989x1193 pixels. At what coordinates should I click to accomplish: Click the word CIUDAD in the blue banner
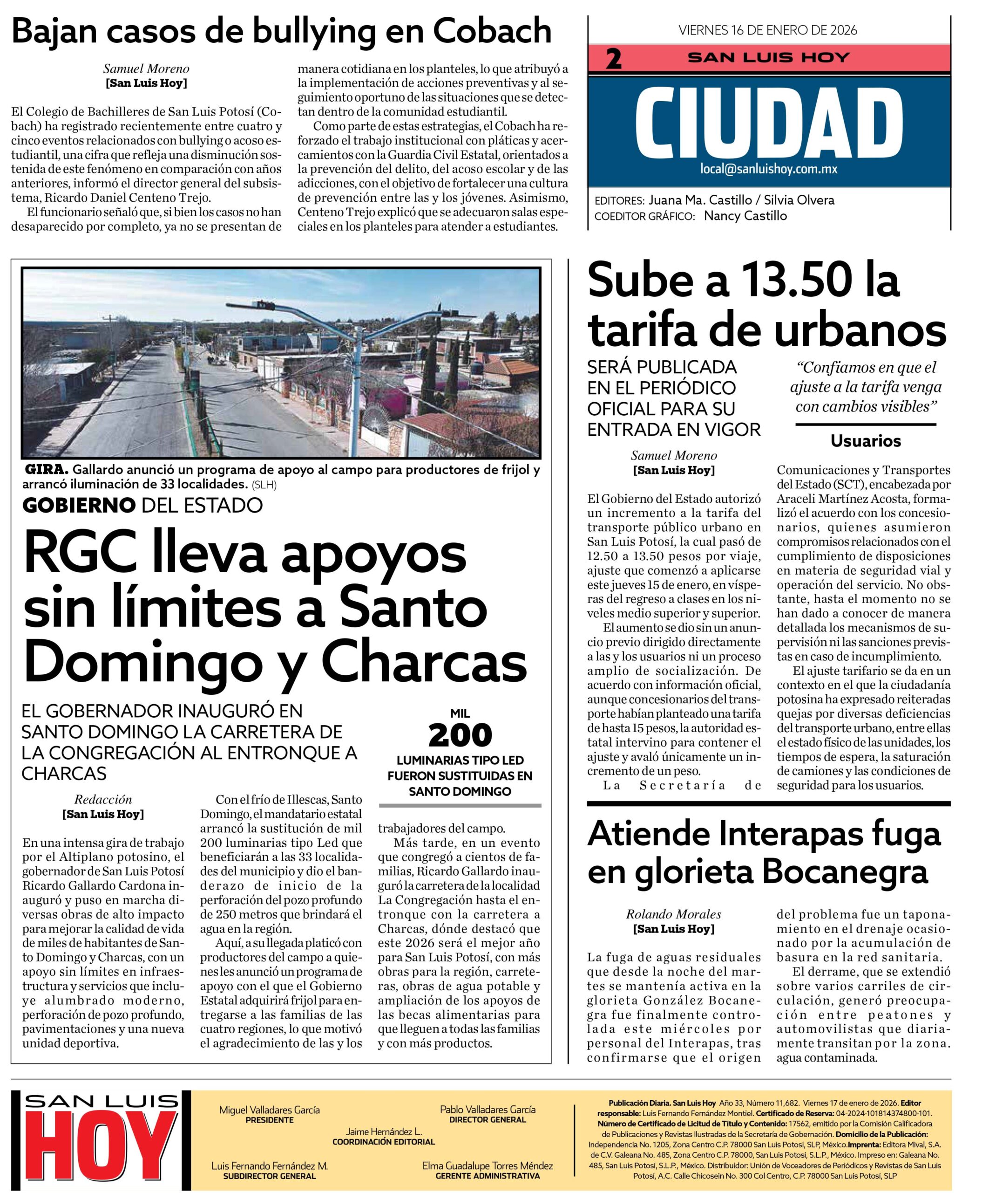click(x=769, y=124)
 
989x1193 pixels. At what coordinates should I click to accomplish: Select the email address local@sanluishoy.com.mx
click(x=769, y=169)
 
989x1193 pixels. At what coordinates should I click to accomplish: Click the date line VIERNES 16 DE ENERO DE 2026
click(x=767, y=30)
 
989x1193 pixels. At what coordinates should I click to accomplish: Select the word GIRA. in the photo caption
click(x=47, y=470)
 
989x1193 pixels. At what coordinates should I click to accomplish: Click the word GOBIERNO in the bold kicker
click(x=79, y=505)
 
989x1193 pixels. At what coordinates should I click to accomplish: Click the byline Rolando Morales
click(x=673, y=914)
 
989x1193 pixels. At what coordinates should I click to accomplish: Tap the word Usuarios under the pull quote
click(x=865, y=441)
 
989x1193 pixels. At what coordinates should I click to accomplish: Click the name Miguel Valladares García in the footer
click(x=269, y=1110)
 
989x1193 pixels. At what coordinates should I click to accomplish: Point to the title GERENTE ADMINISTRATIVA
click(x=487, y=1175)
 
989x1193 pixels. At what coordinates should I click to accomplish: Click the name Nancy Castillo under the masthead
click(x=745, y=216)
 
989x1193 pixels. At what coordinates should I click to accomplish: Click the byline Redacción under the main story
click(x=103, y=799)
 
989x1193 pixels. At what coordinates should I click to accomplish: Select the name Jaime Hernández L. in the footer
click(x=384, y=1131)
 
